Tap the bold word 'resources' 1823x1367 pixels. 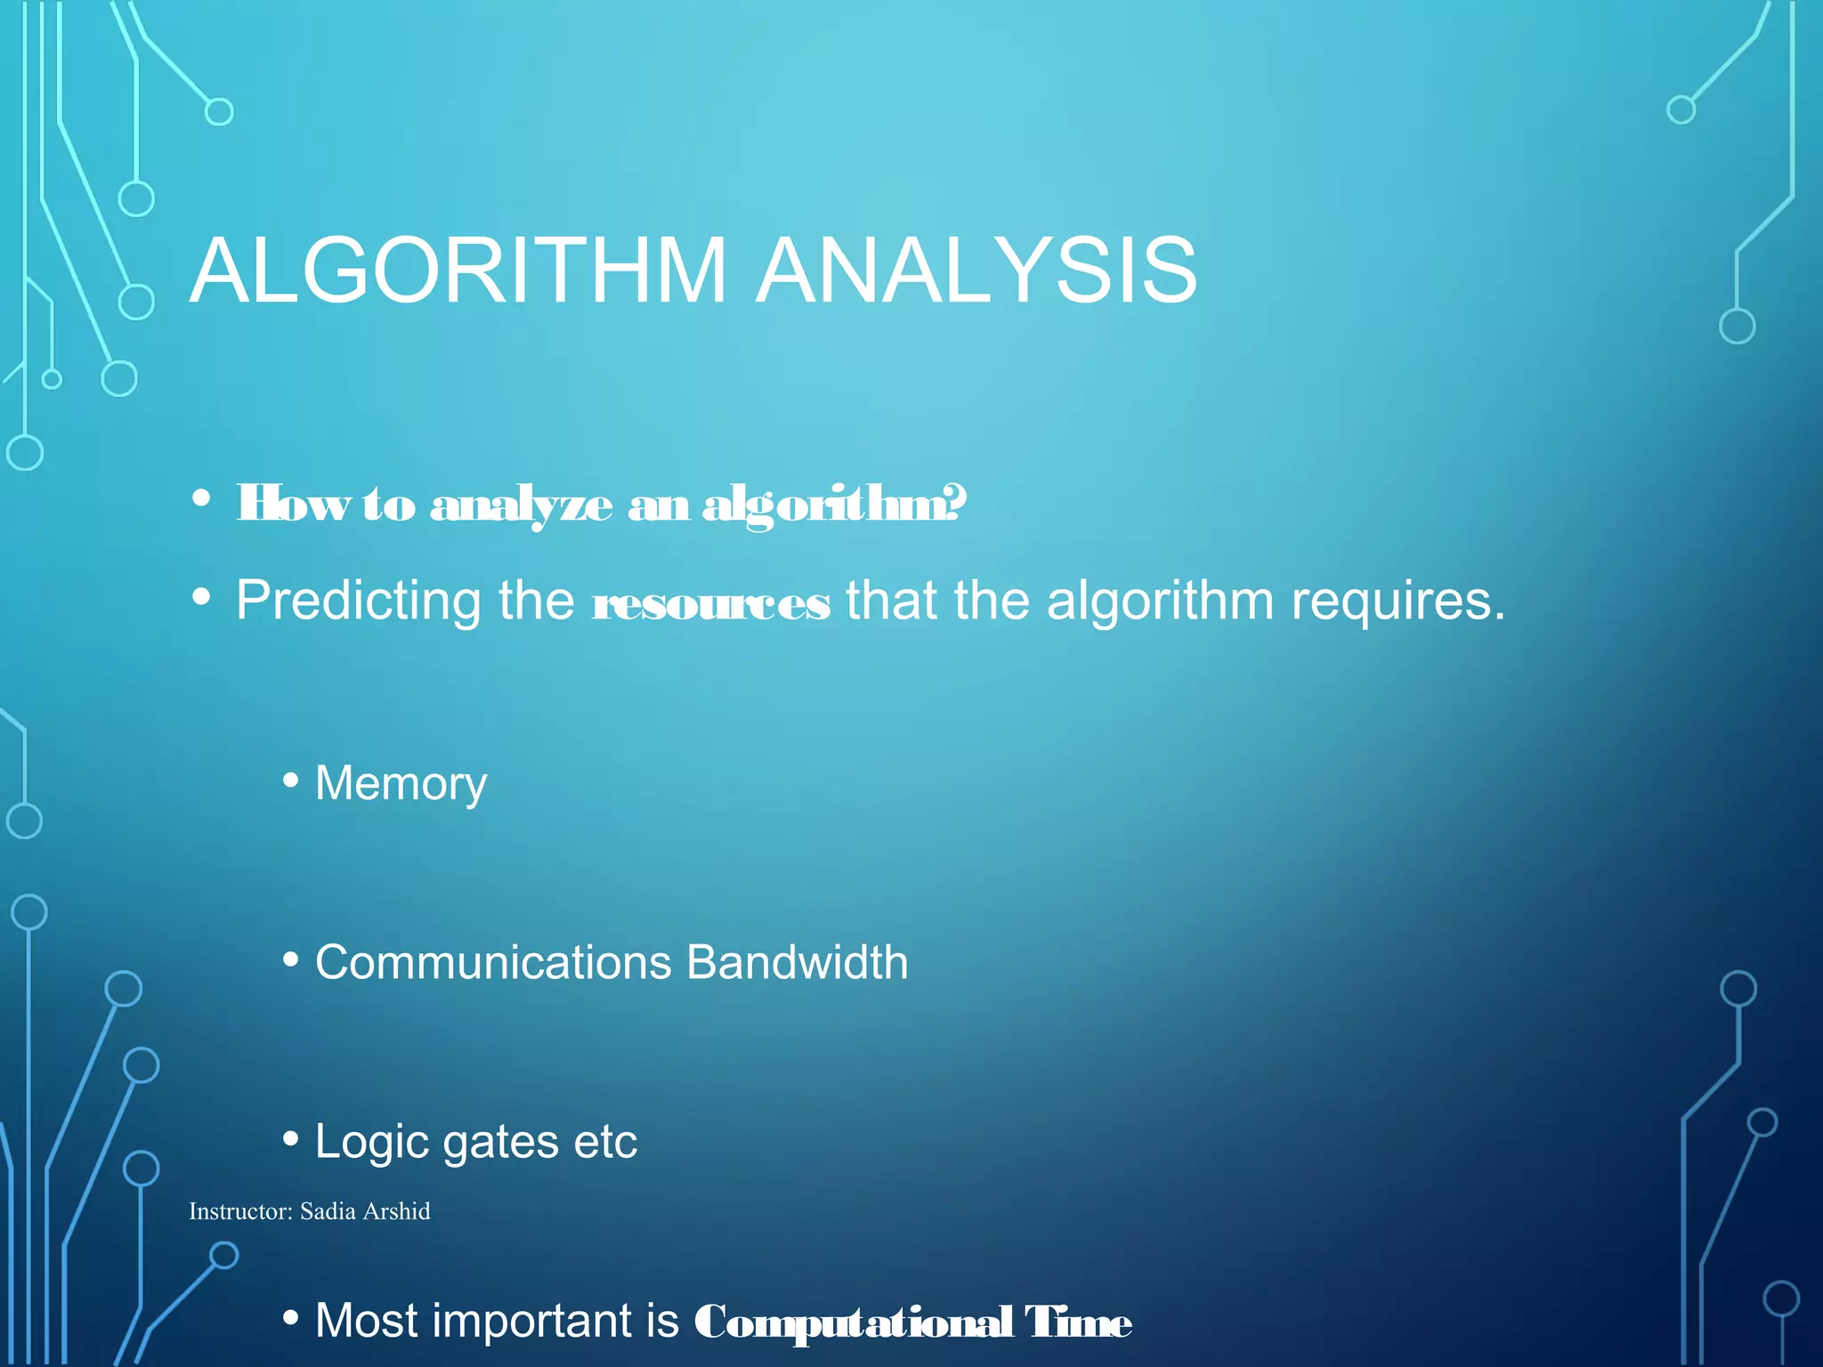(711, 604)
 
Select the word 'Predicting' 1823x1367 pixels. (359, 602)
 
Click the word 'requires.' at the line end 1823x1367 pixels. (1398, 602)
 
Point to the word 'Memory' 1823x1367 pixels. (401, 784)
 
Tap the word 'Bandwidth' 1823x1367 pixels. (797, 963)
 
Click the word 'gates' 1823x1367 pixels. (499, 1143)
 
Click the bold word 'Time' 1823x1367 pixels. (1078, 1323)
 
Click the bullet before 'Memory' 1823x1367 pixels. (290, 781)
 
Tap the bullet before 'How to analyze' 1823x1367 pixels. (201, 498)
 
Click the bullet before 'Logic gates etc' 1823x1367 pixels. (290, 1138)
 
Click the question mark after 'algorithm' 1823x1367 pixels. (957, 503)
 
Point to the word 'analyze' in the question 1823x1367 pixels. (522, 506)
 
